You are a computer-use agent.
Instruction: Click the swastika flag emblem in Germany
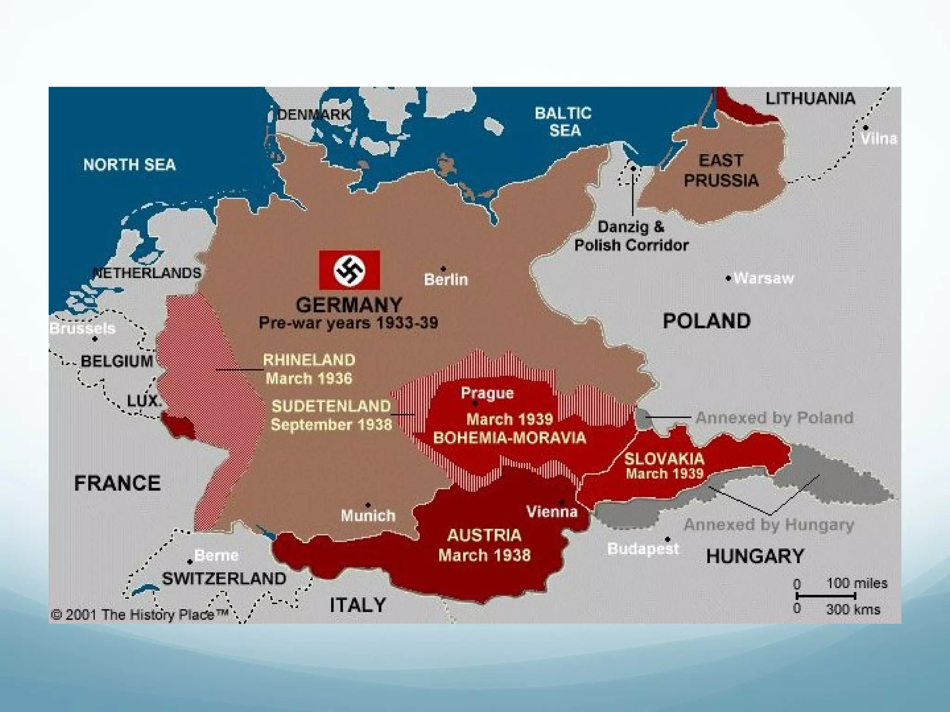(x=349, y=270)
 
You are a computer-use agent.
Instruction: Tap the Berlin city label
(x=446, y=280)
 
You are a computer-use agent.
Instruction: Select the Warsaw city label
(x=764, y=278)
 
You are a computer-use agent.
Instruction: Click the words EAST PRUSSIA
(x=721, y=171)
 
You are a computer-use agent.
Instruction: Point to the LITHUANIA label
(x=810, y=98)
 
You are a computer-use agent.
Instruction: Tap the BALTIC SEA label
(x=563, y=121)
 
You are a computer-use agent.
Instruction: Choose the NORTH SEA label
(x=129, y=165)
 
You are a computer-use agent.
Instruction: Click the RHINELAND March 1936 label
(x=309, y=369)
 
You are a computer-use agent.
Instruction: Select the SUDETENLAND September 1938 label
(x=331, y=415)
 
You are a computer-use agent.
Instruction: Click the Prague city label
(x=487, y=393)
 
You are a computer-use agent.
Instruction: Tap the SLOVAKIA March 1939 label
(x=664, y=465)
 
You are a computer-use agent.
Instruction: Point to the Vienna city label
(x=552, y=512)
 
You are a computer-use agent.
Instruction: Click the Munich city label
(x=368, y=515)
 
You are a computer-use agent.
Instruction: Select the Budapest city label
(x=643, y=549)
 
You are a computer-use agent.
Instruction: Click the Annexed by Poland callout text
(x=774, y=418)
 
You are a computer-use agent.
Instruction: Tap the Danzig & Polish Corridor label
(x=631, y=236)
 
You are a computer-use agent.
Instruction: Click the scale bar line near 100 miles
(x=826, y=596)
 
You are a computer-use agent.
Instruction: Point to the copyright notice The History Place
(x=139, y=615)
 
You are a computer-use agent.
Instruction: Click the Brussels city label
(x=82, y=328)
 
